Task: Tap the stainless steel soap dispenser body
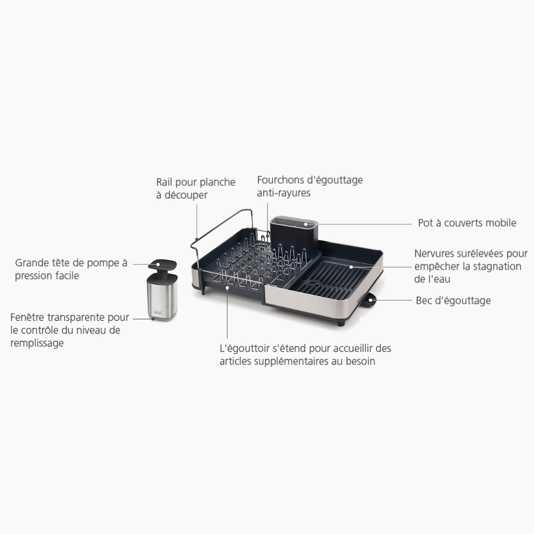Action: (162, 296)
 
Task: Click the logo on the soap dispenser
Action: (158, 312)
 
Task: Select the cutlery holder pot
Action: (294, 238)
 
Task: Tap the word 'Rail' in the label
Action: (164, 182)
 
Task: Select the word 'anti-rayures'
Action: (284, 193)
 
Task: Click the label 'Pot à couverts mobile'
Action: (467, 223)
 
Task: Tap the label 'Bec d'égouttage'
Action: (453, 301)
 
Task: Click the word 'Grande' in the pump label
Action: (32, 263)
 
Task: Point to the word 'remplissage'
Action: (37, 343)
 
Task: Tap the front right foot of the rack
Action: (341, 323)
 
